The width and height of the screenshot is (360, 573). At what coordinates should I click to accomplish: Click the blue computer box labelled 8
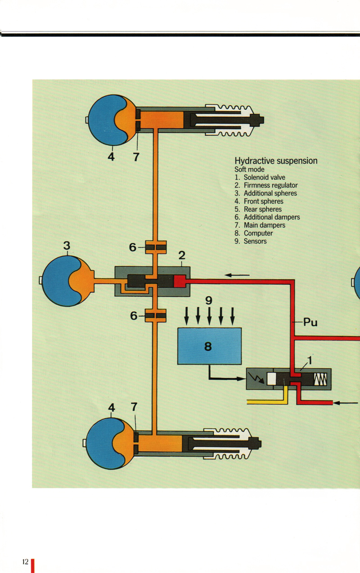(209, 346)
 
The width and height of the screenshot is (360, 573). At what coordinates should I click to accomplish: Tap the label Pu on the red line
(310, 322)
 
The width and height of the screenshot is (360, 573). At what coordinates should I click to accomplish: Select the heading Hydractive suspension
(276, 161)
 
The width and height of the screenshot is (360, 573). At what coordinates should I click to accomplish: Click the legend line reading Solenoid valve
(264, 177)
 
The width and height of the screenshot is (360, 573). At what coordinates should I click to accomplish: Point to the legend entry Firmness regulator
(270, 185)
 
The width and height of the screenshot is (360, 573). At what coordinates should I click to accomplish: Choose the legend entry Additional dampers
(271, 217)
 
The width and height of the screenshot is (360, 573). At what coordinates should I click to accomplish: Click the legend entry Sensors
(255, 241)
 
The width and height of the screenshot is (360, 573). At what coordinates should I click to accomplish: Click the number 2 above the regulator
(182, 255)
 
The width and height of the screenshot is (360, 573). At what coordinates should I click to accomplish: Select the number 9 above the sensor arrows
(209, 300)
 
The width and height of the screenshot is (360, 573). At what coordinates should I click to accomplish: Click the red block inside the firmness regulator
(179, 281)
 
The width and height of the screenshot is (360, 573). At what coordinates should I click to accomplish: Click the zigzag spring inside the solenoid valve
(320, 379)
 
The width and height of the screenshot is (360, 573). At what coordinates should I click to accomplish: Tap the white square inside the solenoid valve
(271, 379)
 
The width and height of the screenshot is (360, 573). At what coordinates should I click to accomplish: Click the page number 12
(25, 562)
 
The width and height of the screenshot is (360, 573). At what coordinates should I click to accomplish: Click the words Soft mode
(249, 170)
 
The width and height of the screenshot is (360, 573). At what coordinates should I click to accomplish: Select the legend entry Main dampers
(264, 225)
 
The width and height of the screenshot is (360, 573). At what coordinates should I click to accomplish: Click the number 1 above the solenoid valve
(310, 360)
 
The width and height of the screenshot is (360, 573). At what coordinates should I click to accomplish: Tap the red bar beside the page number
(33, 565)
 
